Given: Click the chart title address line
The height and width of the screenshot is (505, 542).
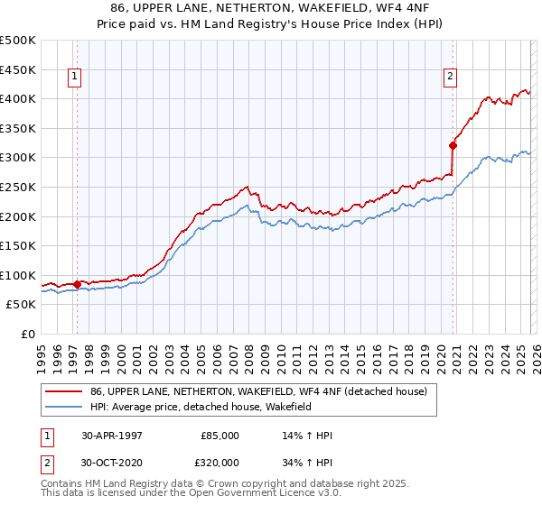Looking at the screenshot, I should pos(272,8).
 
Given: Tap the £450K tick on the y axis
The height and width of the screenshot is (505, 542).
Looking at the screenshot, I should pos(18,69).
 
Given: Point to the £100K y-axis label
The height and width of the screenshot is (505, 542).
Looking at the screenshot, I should pos(18,275).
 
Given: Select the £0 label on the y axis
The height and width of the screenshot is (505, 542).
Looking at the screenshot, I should pos(29,335).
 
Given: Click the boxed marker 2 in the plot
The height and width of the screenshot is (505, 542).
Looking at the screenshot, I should pos(450,78).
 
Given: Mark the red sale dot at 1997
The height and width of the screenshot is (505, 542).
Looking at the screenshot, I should pos(78,284).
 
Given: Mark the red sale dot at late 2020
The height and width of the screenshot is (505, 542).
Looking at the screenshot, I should pos(453,145).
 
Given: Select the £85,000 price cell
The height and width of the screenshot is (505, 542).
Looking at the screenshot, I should pos(220,436).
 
